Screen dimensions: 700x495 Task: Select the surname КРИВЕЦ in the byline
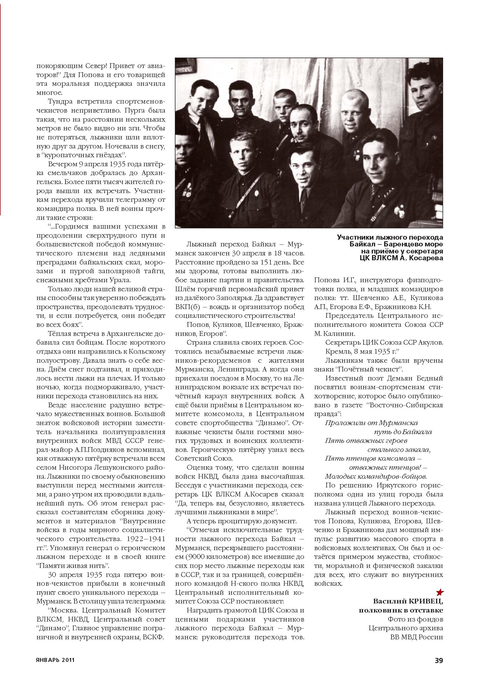click(x=425, y=601)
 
